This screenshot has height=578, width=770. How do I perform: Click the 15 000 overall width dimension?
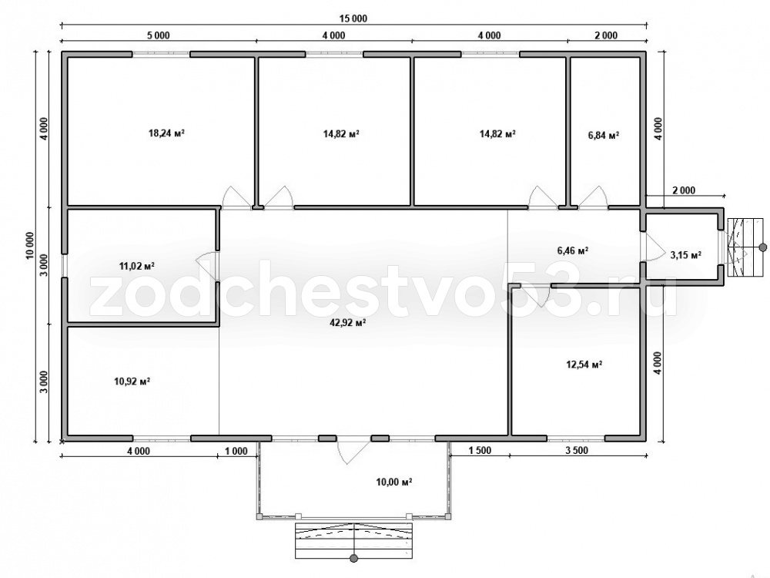click(353, 18)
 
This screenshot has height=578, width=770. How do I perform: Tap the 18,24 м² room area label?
click(166, 133)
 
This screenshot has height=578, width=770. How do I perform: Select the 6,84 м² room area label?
click(604, 135)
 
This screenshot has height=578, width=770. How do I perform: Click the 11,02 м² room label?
click(137, 266)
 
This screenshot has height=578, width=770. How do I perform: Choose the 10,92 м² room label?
click(132, 381)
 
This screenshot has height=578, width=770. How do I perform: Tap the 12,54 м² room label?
click(584, 365)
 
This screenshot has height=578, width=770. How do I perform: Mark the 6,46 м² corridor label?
click(573, 250)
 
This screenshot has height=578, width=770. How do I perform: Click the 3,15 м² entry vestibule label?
click(685, 254)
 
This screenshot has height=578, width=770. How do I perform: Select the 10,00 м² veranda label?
click(393, 482)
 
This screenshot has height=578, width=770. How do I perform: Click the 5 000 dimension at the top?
click(159, 35)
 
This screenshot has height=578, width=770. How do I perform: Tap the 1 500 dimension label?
click(480, 451)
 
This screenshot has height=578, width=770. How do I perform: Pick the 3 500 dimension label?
click(577, 451)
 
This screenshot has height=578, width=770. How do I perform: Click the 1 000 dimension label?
click(236, 451)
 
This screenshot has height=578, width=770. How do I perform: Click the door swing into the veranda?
click(353, 451)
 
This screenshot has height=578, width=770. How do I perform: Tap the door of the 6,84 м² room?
click(593, 197)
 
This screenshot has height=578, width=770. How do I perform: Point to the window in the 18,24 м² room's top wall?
click(161, 54)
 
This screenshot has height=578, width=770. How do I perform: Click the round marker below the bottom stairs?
click(353, 558)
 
